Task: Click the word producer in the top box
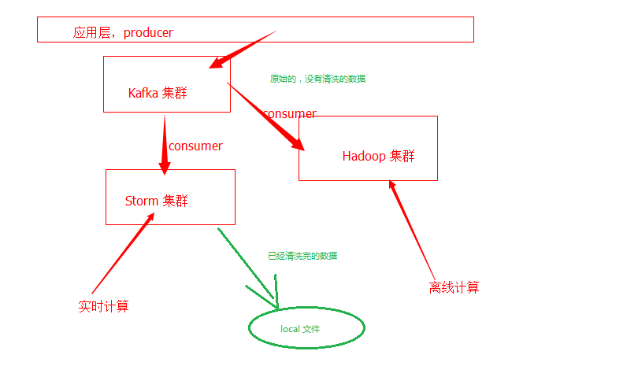pos(148,32)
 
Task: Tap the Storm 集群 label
pos(156,201)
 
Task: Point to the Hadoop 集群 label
pos(378,156)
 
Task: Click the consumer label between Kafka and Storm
pos(195,146)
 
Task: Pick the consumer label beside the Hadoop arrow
pos(289,114)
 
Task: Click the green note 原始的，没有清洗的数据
pos(317,79)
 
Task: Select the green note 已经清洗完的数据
pos(302,256)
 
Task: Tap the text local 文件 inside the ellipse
pos(300,329)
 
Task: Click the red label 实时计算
pos(103,306)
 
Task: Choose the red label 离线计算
pos(454,287)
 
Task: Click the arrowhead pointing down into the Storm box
pos(165,168)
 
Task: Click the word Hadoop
pos(364,156)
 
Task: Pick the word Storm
pos(142,201)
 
